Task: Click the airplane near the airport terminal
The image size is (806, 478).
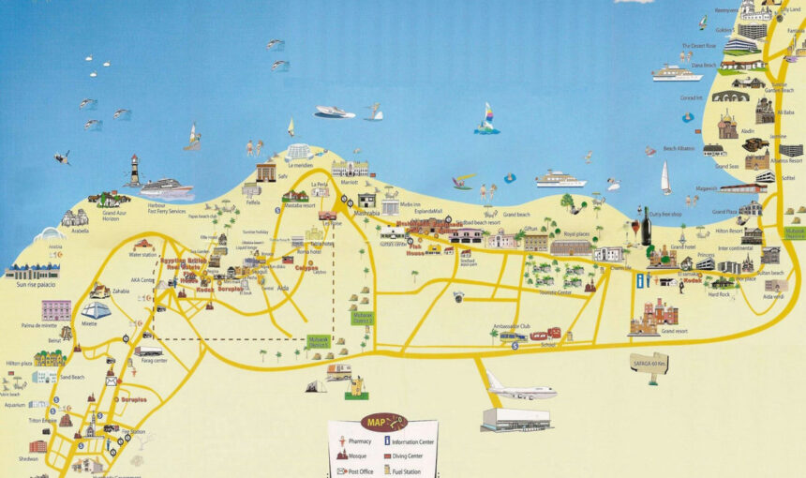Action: (520, 388)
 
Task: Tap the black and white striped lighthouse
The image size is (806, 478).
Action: (135, 170)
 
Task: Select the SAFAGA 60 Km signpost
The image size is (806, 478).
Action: (649, 363)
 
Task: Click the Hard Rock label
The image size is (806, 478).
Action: (719, 294)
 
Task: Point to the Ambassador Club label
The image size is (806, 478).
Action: (511, 326)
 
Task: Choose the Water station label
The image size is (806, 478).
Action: (142, 254)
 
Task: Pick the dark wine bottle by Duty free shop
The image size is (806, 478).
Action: (646, 226)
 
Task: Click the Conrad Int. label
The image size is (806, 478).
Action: (691, 97)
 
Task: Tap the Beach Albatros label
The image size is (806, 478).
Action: (679, 149)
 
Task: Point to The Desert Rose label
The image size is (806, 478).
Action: (699, 45)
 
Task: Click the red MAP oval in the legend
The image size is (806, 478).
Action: (383, 423)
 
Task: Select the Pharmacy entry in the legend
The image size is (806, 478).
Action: (359, 440)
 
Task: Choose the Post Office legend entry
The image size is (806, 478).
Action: (359, 471)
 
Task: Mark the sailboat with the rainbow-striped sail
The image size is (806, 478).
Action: (486, 118)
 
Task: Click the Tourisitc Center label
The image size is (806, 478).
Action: (557, 291)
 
